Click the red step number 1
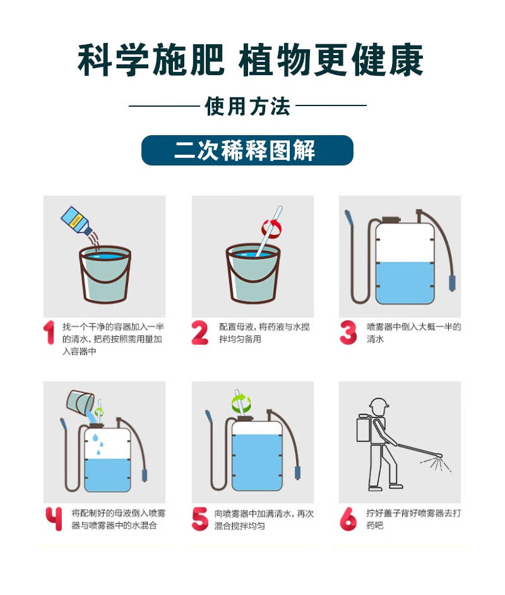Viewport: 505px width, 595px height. click(49, 333)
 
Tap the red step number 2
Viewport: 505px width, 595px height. click(200, 333)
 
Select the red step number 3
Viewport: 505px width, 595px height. click(348, 333)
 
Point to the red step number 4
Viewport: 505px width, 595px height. click(54, 519)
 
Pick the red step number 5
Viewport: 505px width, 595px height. click(200, 519)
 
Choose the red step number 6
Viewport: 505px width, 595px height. click(348, 519)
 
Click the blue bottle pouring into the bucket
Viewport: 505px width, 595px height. click(76, 221)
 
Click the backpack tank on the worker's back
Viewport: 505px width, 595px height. click(364, 428)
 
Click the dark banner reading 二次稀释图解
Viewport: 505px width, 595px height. click(247, 150)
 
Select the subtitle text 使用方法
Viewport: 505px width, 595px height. click(247, 106)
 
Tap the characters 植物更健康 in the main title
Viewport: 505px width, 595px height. click(331, 60)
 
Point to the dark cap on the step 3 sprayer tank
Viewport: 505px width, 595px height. click(391, 220)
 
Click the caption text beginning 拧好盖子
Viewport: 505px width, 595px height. click(413, 519)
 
